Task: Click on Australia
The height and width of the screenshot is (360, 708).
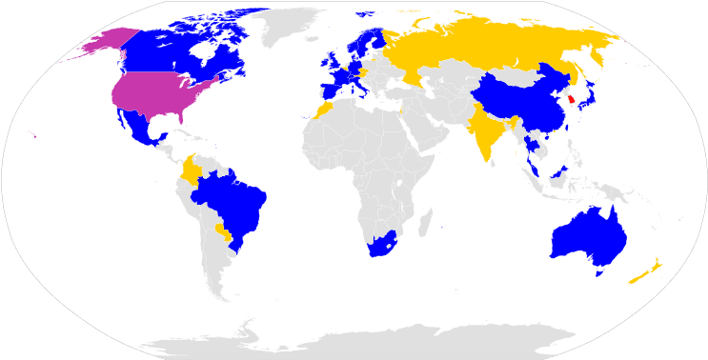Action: click(x=584, y=238)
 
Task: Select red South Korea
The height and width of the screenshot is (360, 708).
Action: click(x=571, y=99)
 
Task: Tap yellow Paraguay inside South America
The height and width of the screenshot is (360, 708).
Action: click(x=222, y=232)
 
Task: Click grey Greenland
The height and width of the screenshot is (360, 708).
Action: click(x=286, y=24)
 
